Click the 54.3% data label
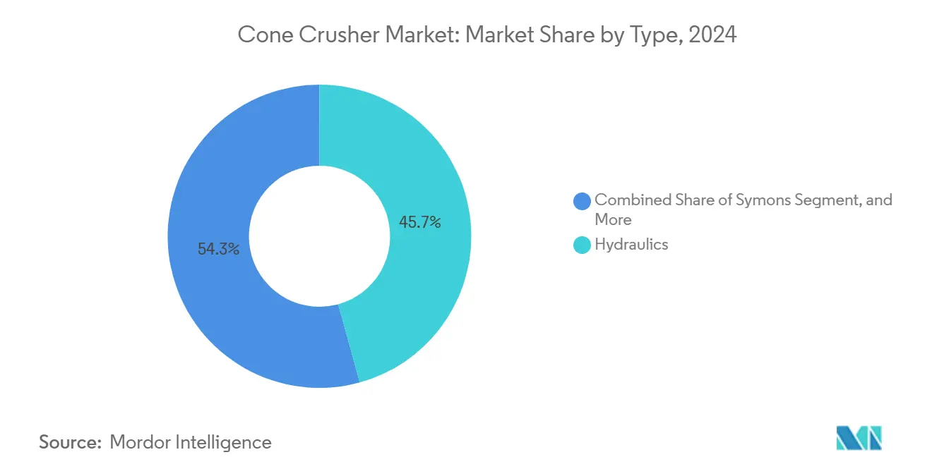218,249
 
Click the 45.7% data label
419,223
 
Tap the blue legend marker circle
582,201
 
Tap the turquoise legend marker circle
582,245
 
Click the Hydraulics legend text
631,245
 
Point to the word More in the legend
613,219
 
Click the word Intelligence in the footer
227,442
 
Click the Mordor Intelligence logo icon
859,439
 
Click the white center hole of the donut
319,236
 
